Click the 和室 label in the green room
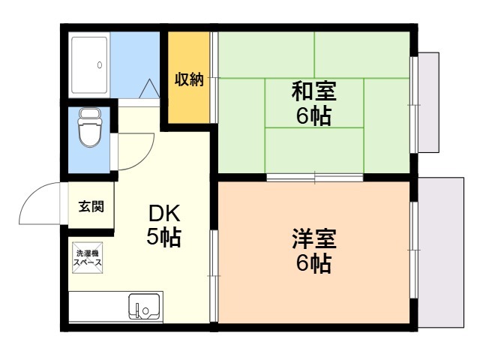[313, 93]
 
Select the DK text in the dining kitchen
[163, 213]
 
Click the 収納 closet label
[189, 79]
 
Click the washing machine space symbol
[86, 257]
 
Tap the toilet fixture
[90, 129]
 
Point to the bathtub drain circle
[99, 65]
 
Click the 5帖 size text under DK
[163, 238]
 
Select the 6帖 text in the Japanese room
[313, 117]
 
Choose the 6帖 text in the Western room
[313, 264]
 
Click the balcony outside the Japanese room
[430, 102]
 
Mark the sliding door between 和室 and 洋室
[315, 178]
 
